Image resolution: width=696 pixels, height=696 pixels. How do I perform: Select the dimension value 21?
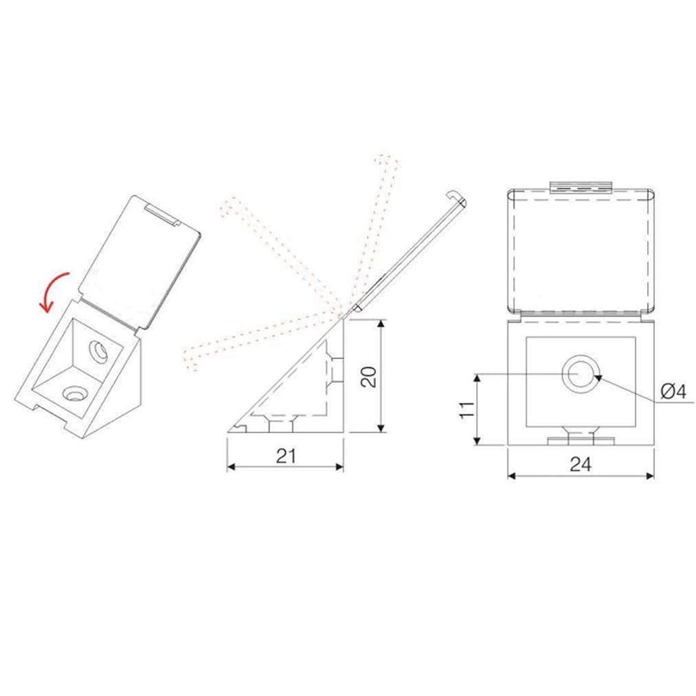286,456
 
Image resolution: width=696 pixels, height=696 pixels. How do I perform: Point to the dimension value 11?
466,411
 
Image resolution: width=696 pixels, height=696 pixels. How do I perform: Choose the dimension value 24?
580,464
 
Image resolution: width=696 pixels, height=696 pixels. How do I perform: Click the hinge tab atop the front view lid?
581,186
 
